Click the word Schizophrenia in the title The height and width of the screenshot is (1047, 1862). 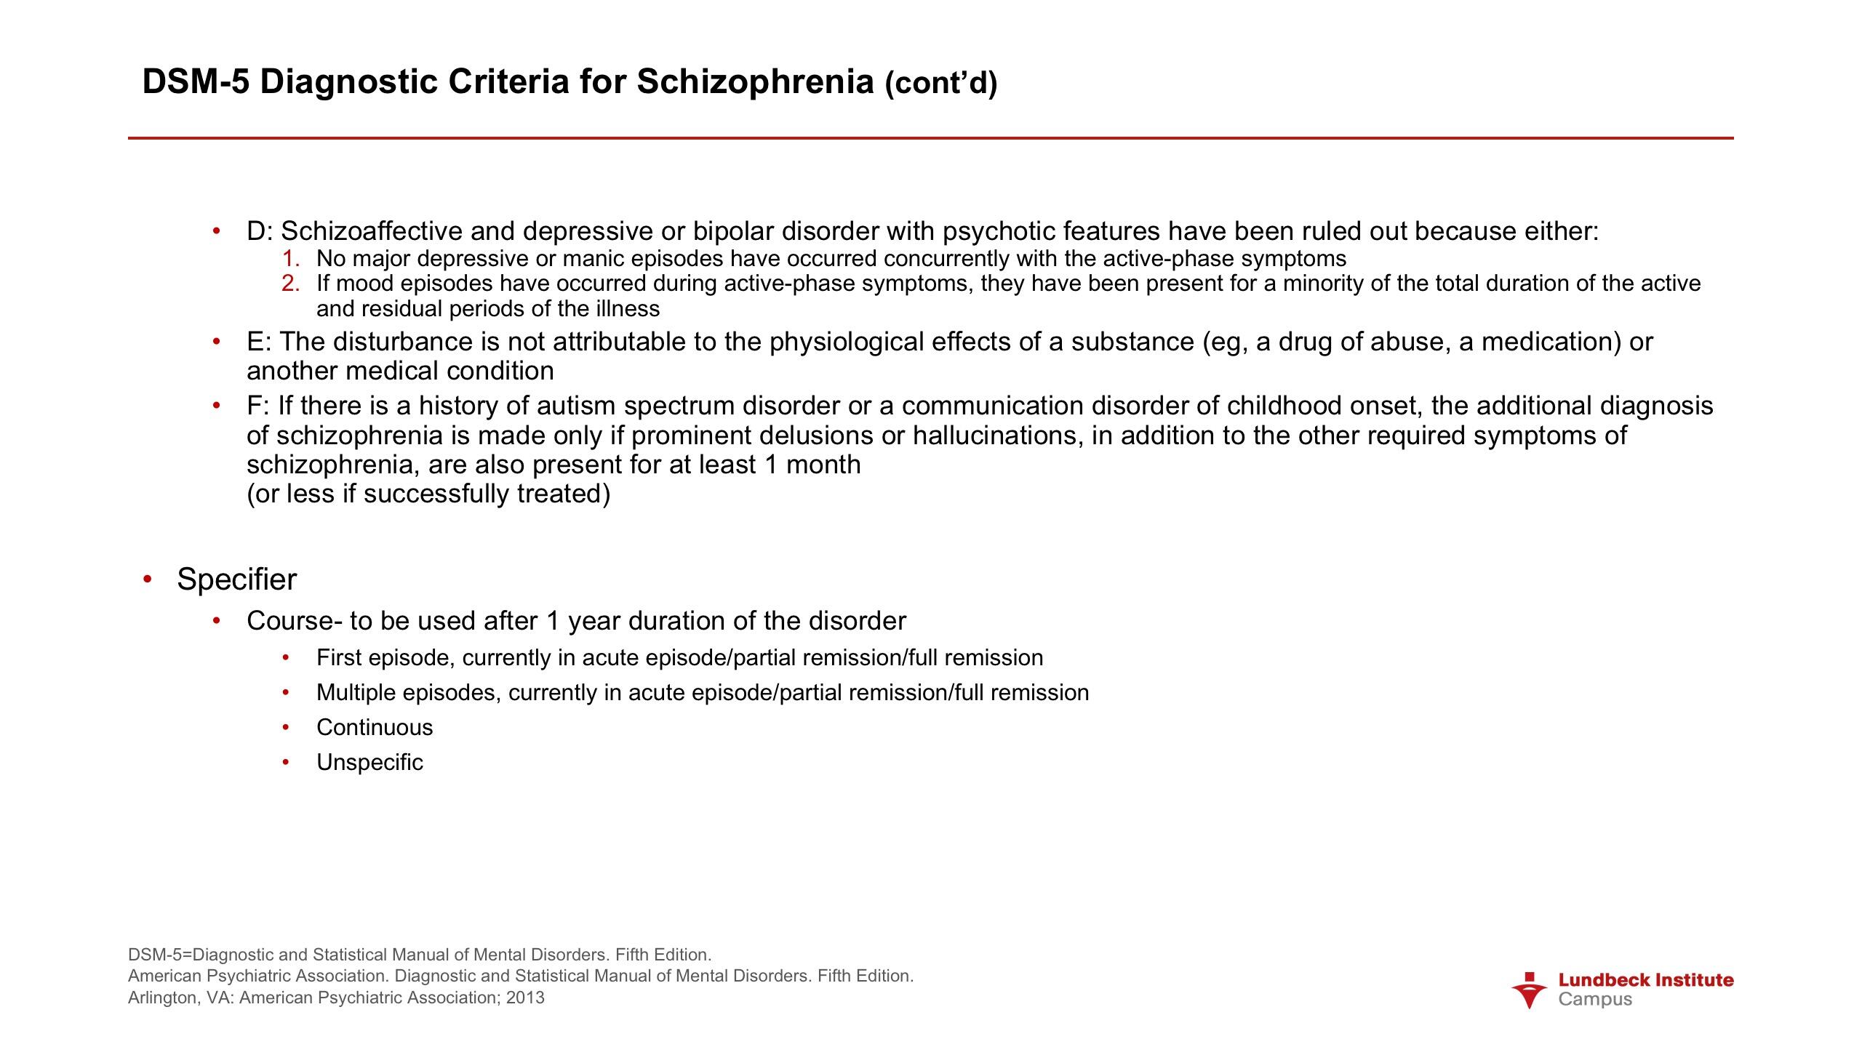[755, 81]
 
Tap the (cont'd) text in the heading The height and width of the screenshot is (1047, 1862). [940, 84]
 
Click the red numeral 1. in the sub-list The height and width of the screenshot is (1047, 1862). [291, 259]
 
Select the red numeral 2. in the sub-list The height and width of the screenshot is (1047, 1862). [291, 284]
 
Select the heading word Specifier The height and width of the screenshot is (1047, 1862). [236, 579]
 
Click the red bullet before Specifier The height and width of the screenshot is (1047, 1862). [148, 579]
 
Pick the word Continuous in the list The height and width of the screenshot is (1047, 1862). [375, 728]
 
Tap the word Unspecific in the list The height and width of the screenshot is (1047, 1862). [369, 763]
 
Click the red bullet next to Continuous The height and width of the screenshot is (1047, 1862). [287, 728]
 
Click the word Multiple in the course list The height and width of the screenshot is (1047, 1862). [356, 693]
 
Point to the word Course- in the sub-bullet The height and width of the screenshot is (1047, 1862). [294, 621]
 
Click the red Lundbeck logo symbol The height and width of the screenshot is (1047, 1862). [1530, 990]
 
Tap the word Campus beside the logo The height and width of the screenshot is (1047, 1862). [1595, 1000]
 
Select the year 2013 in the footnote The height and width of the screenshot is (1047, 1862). [525, 998]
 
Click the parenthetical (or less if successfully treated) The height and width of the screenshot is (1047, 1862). [428, 494]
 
